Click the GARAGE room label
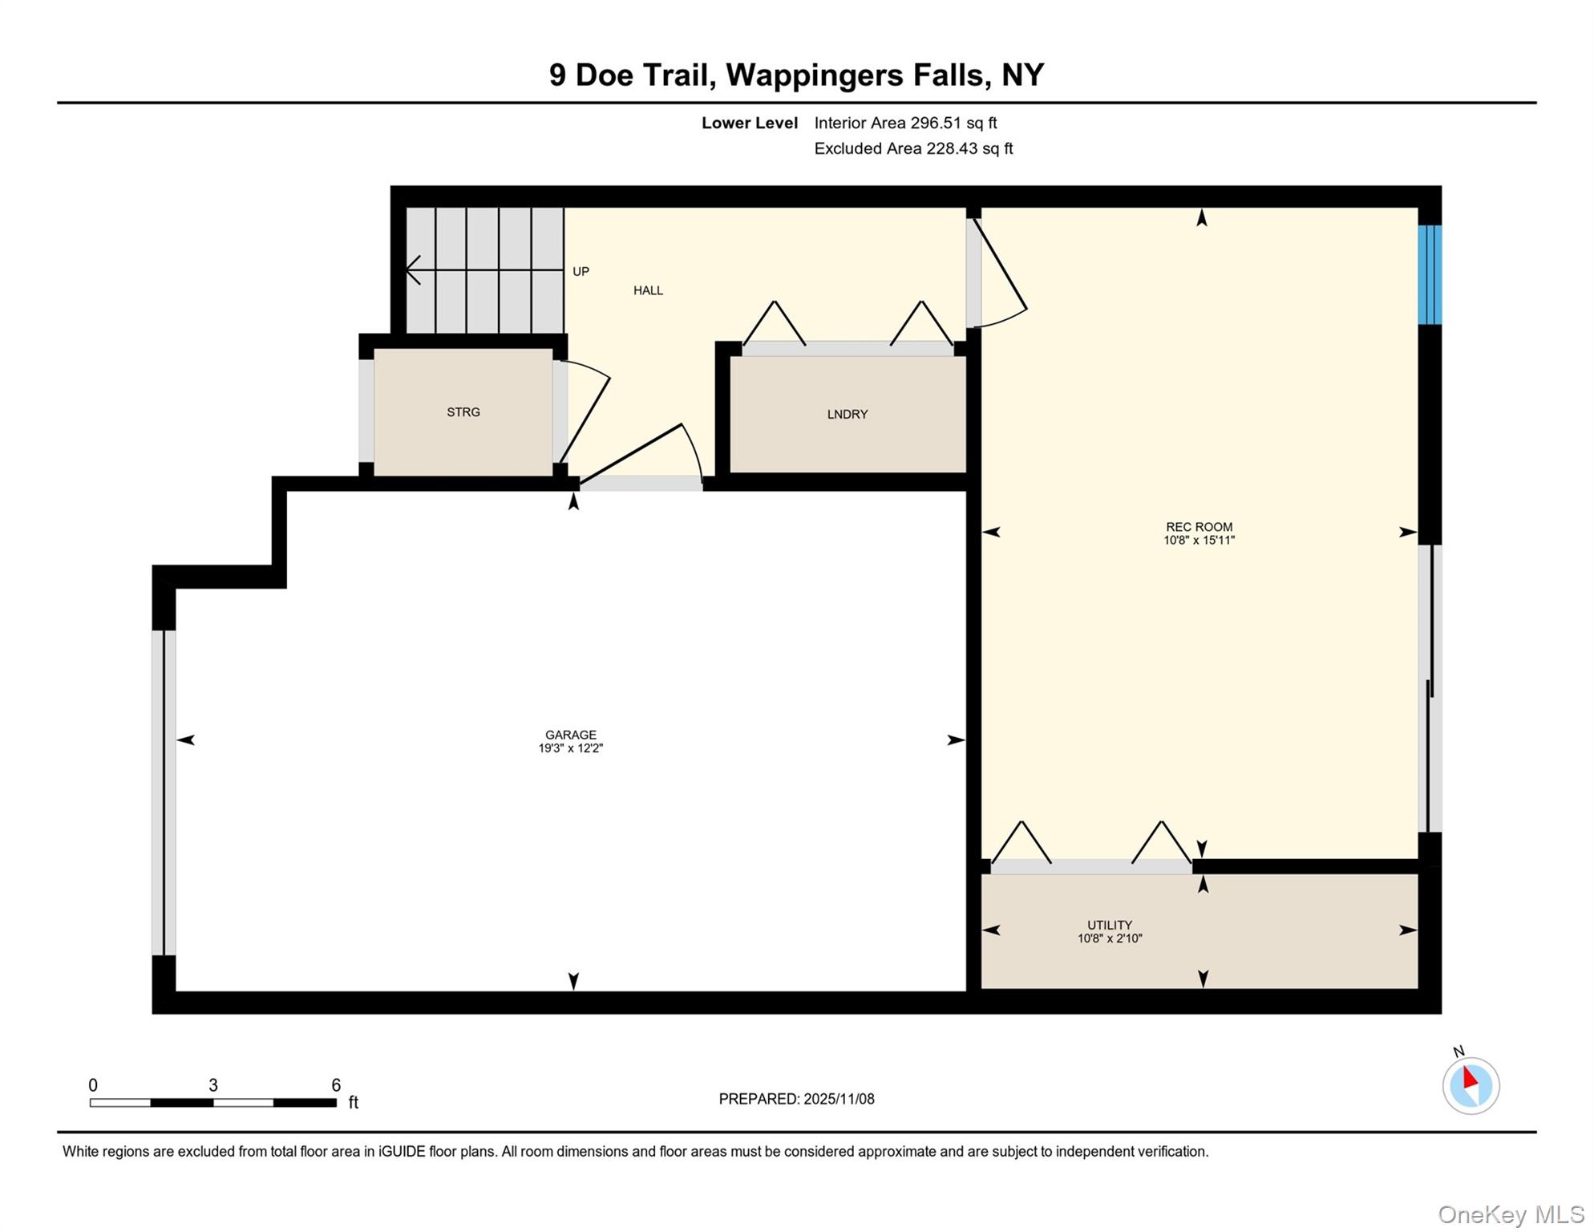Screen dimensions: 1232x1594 570,734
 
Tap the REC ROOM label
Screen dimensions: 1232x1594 1199,527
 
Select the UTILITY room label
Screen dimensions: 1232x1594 1109,925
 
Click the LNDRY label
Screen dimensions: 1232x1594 848,414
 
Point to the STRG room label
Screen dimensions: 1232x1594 463,411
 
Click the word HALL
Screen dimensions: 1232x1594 648,290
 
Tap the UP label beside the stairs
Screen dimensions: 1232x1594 581,271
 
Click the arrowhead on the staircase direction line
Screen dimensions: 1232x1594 412,270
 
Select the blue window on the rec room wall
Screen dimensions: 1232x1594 1429,274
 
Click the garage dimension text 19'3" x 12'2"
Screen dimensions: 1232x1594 570,748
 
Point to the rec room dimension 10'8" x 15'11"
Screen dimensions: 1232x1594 1199,541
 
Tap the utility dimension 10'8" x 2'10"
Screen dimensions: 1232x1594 1109,938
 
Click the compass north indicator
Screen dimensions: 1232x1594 1471,1085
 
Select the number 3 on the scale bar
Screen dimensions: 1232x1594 213,1085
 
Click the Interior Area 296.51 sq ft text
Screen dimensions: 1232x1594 905,123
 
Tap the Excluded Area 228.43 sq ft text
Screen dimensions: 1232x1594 913,148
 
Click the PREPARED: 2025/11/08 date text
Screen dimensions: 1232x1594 796,1099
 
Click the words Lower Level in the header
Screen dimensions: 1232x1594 749,123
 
